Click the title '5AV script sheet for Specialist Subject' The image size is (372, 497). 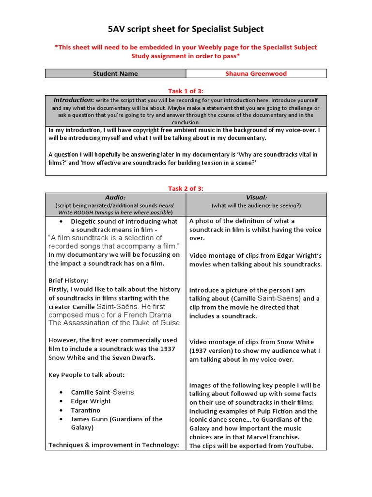click(186, 29)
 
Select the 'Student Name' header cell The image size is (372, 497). click(115, 74)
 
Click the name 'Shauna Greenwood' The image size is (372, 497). click(256, 74)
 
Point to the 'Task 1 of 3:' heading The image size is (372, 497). click(186, 90)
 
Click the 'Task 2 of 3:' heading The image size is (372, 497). click(186, 188)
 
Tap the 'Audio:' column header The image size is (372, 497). click(115, 198)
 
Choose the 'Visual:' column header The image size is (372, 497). click(256, 198)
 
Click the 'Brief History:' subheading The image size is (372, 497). click(68, 281)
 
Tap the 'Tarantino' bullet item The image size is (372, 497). click(86, 410)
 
